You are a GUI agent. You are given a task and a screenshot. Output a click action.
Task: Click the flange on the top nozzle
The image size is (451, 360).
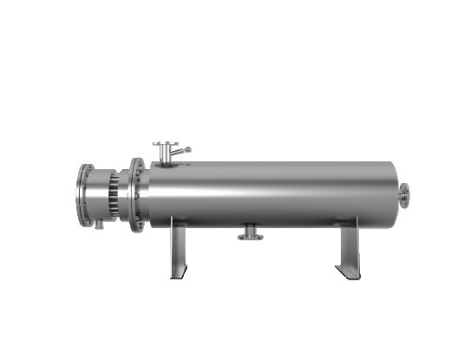pyautogui.click(x=165, y=145)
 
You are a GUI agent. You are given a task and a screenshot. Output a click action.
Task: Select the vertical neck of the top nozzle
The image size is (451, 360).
pyautogui.click(x=165, y=154)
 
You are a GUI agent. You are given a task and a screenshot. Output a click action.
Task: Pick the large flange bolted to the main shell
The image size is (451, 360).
pyautogui.click(x=137, y=194)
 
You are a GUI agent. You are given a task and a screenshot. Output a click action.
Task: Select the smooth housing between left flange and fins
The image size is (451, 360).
pyautogui.click(x=96, y=195)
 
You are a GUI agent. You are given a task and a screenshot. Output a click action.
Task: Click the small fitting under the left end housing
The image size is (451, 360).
pyautogui.click(x=99, y=226)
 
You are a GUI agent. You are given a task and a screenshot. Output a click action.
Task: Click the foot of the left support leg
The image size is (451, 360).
pyautogui.click(x=178, y=276)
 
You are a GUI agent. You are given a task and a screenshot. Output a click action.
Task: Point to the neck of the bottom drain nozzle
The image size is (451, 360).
pyautogui.click(x=250, y=230)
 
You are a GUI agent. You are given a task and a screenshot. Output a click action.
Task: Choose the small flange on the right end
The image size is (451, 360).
pyautogui.click(x=405, y=195)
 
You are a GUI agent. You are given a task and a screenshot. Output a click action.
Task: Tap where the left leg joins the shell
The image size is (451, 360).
pyautogui.click(x=178, y=222)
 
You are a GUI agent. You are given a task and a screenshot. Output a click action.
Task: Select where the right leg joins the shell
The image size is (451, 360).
pyautogui.click(x=348, y=222)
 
